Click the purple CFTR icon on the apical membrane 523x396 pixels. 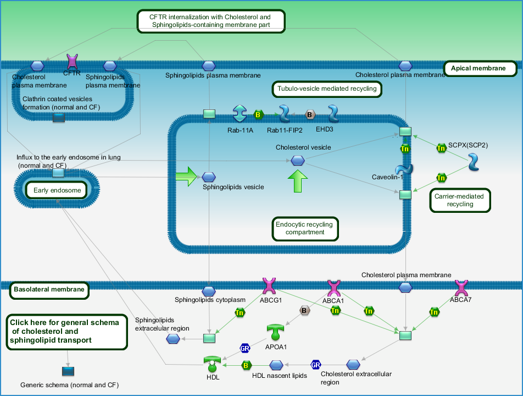tap(72, 62)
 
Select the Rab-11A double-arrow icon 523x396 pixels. tap(240, 113)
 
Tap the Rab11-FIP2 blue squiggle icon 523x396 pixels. tap(284, 113)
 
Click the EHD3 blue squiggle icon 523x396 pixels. tap(333, 113)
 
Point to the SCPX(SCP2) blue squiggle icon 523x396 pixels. tap(474, 162)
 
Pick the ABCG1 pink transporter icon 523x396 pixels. tap(269, 286)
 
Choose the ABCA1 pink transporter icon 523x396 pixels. tap(333, 288)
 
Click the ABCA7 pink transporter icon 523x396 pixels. tap(461, 288)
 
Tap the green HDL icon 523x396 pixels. tap(212, 364)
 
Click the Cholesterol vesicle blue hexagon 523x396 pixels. tap(298, 161)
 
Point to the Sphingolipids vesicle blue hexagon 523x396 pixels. tap(209, 177)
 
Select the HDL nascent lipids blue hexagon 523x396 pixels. tap(276, 365)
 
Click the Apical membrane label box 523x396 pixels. tap(480, 68)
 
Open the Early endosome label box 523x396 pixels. tap(57, 190)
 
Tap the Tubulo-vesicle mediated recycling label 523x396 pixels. tap(327, 89)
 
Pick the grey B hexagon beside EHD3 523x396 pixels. tap(310, 115)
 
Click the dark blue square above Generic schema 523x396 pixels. tap(68, 371)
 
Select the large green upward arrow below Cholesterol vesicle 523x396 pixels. tap(298, 181)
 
